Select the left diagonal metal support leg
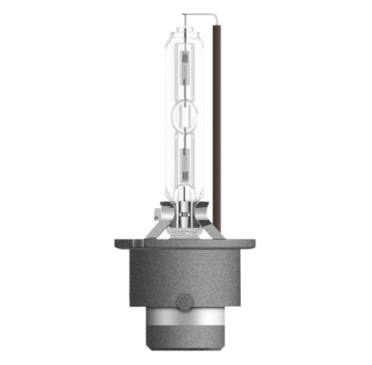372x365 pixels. (155, 227)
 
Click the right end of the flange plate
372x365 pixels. (249, 244)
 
